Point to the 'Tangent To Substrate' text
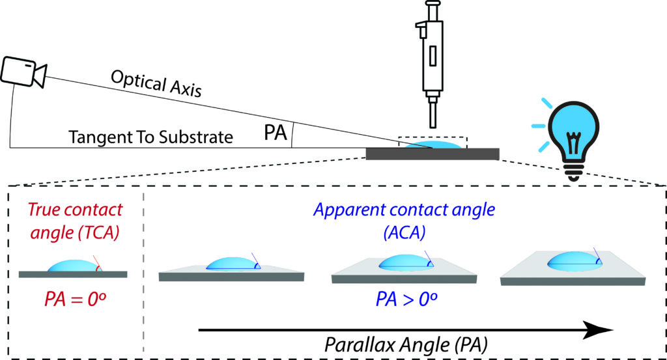(x=150, y=137)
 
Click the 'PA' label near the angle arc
(x=276, y=133)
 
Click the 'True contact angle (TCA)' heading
(x=74, y=219)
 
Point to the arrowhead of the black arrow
(x=602, y=330)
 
